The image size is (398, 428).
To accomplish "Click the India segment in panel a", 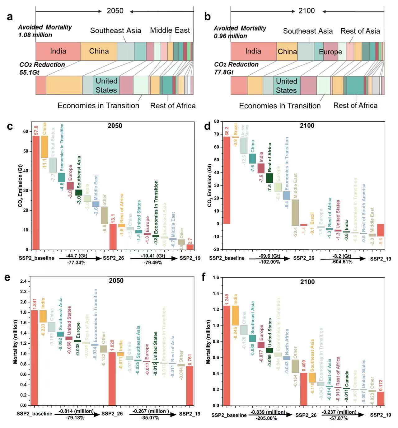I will (58, 51).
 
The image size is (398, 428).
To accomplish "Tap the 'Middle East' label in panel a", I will (170, 30).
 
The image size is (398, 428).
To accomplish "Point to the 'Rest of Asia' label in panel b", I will (360, 31).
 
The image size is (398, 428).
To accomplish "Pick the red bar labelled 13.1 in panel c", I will (113, 237).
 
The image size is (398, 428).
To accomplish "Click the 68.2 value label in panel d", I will (227, 131).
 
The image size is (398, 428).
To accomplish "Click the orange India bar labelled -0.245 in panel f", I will (236, 315).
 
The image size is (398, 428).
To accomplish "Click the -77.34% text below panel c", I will (76, 263).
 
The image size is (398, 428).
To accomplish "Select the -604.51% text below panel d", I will (342, 262).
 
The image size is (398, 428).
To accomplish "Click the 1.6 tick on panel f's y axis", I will (216, 277).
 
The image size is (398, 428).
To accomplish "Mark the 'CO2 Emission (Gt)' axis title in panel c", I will (20, 186).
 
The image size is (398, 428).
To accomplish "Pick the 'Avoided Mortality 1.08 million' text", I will (45, 31).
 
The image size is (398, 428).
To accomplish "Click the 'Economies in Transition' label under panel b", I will (279, 106).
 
